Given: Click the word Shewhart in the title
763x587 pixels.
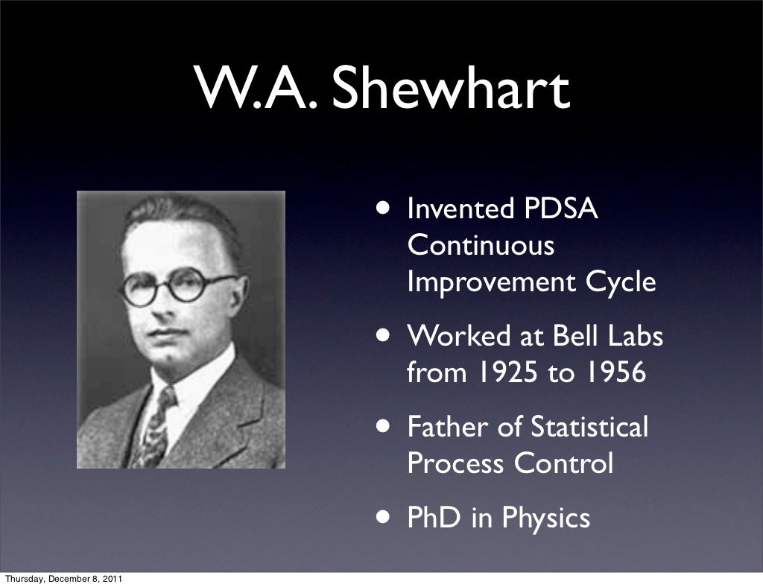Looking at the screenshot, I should pos(452,89).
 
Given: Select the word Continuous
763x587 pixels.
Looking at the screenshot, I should pos(481,245).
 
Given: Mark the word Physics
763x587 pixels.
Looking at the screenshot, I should pos(546,518).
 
